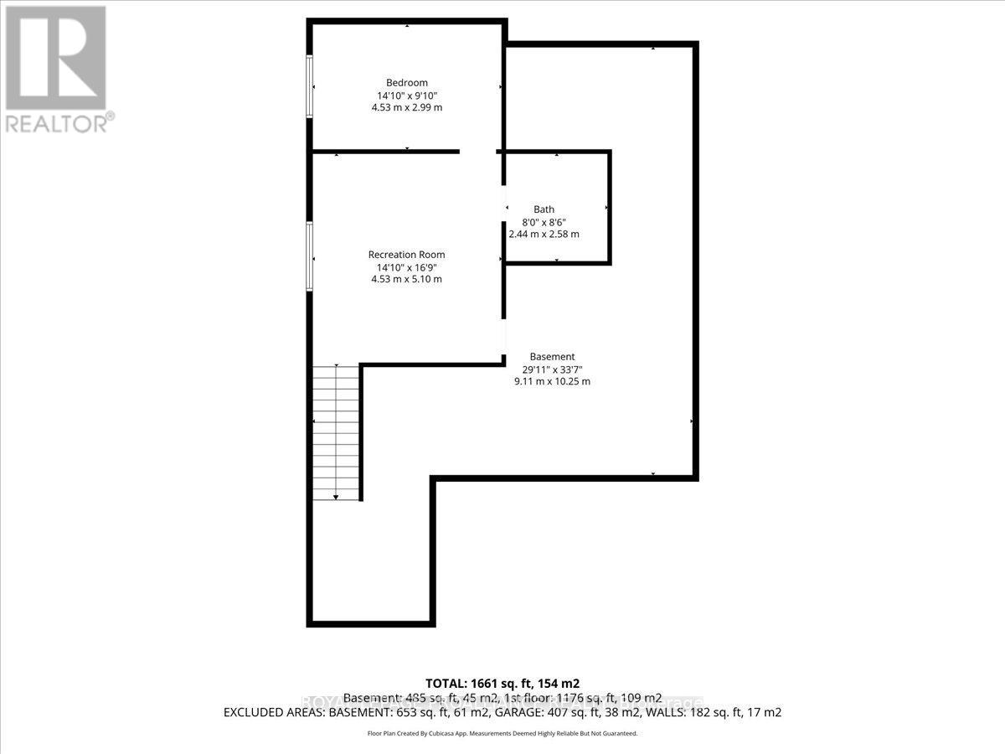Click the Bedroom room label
coord(406,82)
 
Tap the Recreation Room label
coord(406,255)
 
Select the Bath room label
coord(544,209)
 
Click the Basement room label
coord(552,356)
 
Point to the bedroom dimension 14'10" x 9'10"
coord(406,95)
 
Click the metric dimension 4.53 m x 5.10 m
coord(406,279)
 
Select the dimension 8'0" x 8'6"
coord(544,222)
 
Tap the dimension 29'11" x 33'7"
coord(552,369)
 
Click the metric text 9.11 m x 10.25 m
coord(552,381)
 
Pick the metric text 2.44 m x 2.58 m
coord(544,235)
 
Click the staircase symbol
coord(337,431)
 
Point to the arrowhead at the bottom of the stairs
coord(337,497)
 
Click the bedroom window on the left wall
coord(310,86)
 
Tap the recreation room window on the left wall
coord(310,256)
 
